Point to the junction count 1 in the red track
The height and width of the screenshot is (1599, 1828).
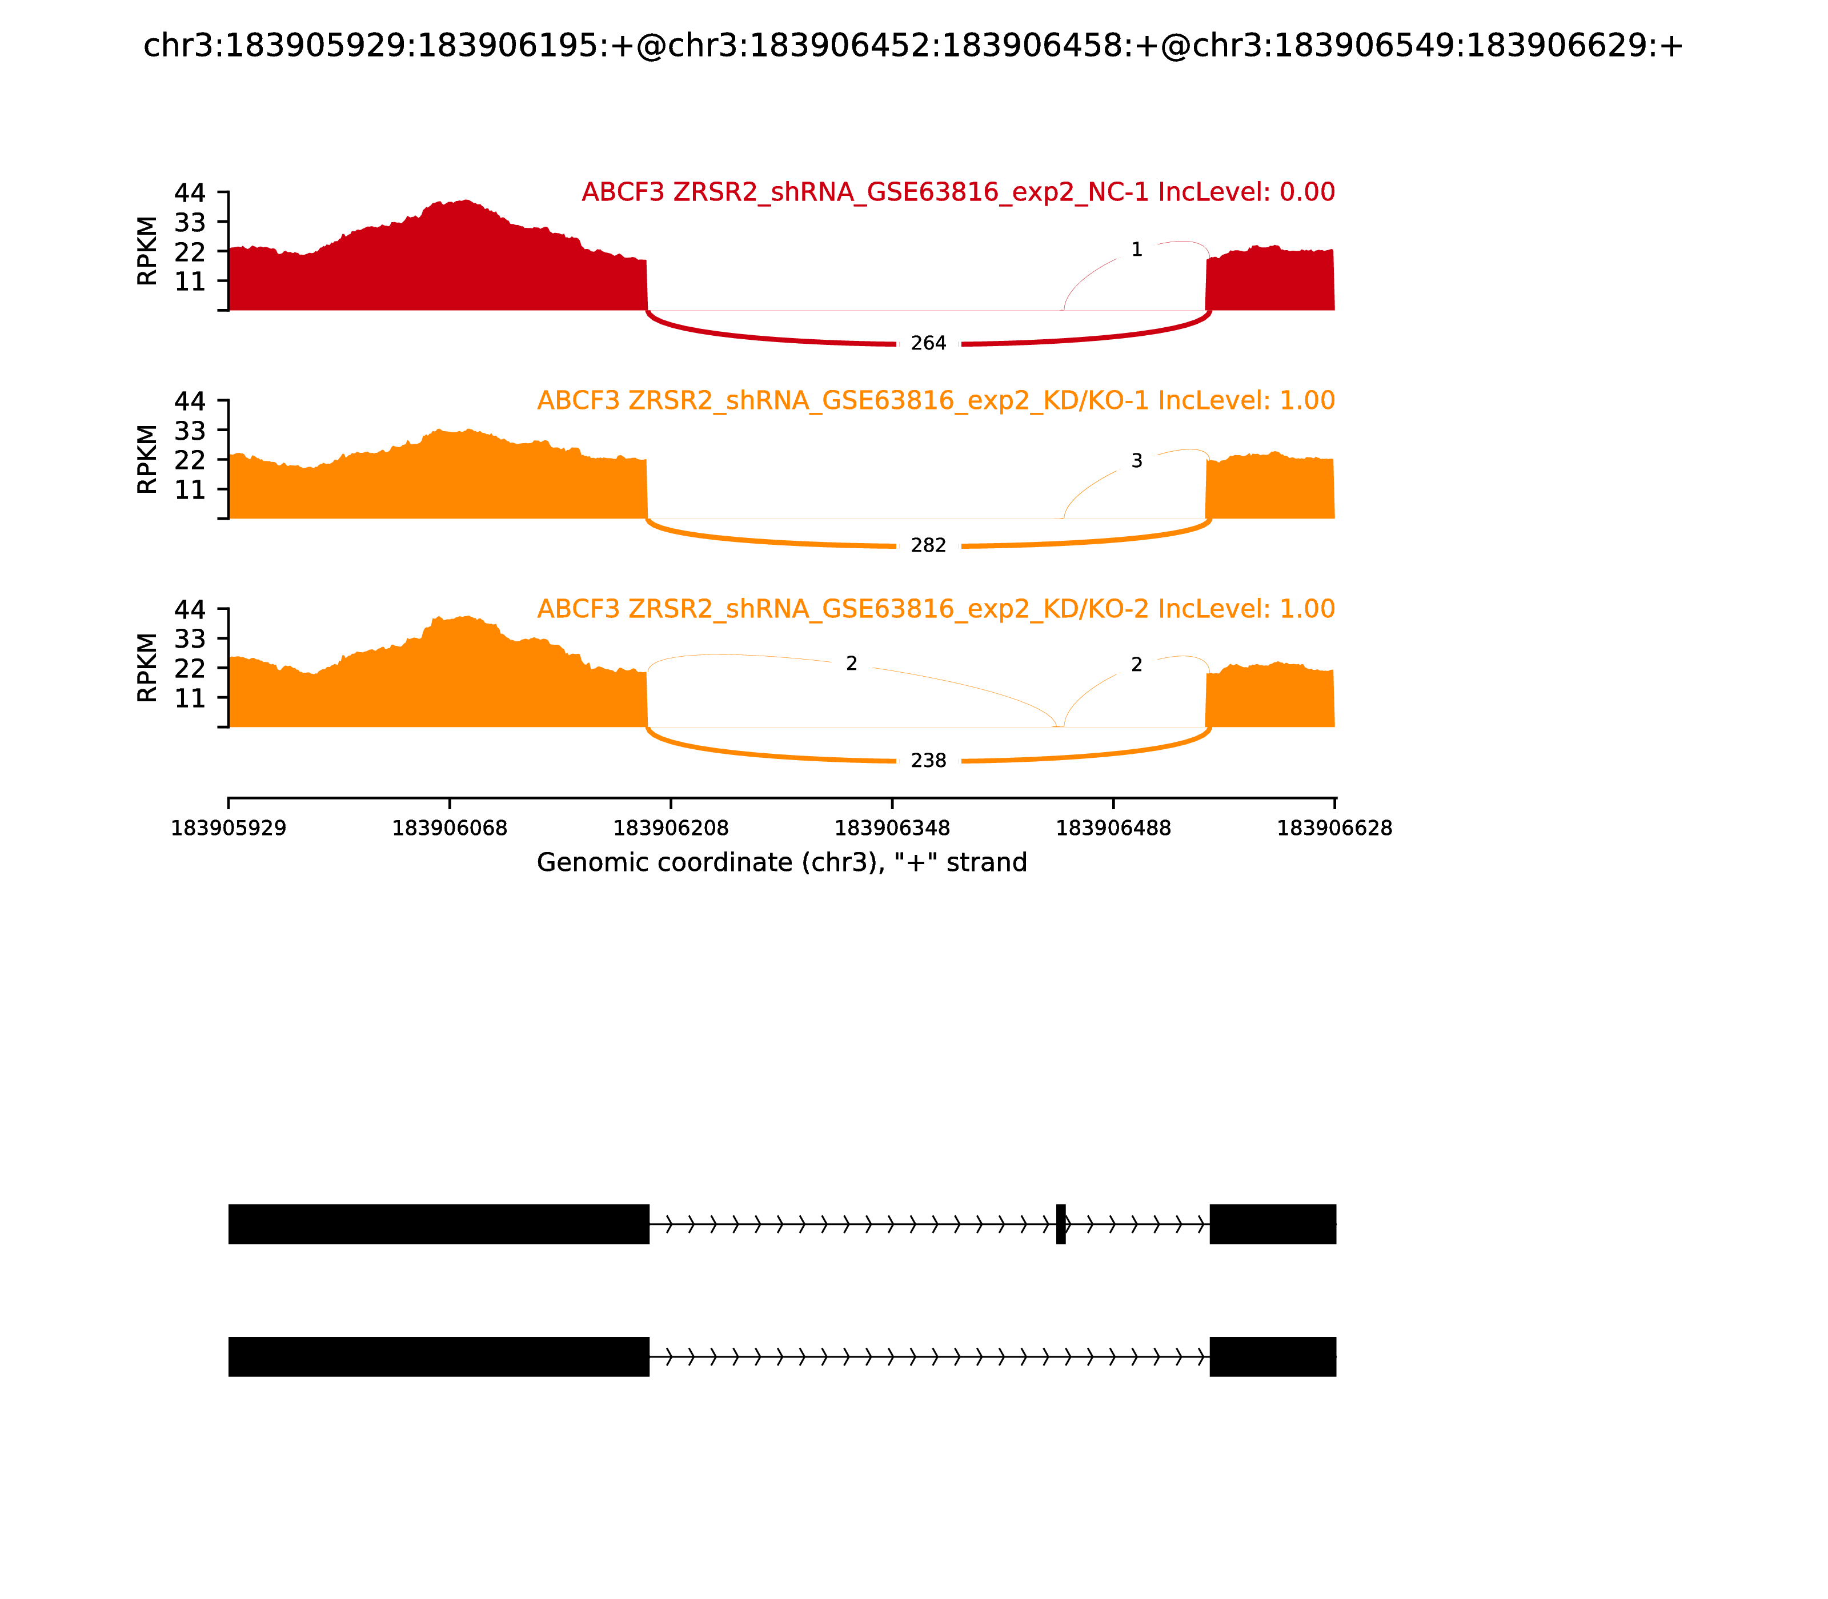coord(1136,250)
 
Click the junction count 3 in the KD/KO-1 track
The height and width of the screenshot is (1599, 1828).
coord(1136,461)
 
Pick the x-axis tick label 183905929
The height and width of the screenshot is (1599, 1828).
coord(228,829)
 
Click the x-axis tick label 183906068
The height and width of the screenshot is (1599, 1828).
coord(450,829)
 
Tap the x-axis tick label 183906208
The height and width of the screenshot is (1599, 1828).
coord(671,829)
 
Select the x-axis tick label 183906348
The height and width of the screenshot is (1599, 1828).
coord(892,829)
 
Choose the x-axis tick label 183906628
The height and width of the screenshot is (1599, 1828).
coord(1334,829)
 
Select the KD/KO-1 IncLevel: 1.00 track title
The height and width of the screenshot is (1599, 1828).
coord(936,401)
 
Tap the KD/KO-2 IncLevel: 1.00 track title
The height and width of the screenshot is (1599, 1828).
coord(936,609)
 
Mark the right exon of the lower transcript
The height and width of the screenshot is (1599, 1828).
coord(1273,1356)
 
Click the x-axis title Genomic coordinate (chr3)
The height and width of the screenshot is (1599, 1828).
coord(782,863)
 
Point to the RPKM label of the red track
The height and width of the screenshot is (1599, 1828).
coord(147,251)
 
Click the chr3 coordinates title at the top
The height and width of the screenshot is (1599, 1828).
coord(913,46)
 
